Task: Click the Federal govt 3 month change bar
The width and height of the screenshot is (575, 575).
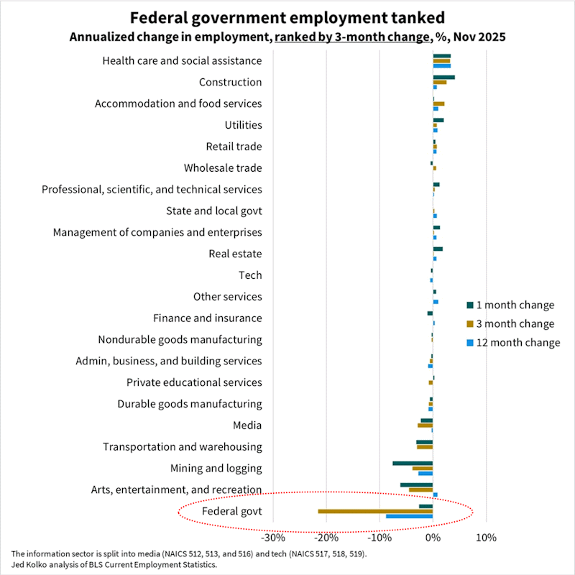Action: (x=375, y=511)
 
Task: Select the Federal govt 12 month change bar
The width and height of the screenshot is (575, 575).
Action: (x=409, y=516)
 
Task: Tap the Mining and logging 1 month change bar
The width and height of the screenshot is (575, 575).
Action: (x=413, y=463)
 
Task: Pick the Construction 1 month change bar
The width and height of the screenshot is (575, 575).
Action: (x=443, y=77)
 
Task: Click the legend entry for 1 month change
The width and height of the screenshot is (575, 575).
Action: (x=510, y=305)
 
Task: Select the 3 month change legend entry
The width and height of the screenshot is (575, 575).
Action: (x=510, y=324)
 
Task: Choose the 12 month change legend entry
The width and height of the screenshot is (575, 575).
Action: (x=512, y=343)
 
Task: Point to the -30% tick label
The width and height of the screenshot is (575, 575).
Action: (x=272, y=538)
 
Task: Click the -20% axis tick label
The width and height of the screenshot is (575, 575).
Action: (x=326, y=538)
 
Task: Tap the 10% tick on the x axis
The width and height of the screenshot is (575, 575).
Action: (x=486, y=538)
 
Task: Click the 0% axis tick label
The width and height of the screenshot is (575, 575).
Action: (x=433, y=538)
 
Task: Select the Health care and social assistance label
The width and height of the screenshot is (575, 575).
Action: (x=183, y=61)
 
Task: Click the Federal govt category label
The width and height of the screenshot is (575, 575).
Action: (x=231, y=512)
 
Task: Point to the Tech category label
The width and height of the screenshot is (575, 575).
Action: (x=250, y=275)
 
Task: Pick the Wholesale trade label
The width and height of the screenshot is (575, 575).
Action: (x=223, y=168)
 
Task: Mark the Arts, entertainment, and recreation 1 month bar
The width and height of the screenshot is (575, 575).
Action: (x=416, y=484)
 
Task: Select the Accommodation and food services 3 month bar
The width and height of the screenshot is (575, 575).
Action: (x=438, y=103)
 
